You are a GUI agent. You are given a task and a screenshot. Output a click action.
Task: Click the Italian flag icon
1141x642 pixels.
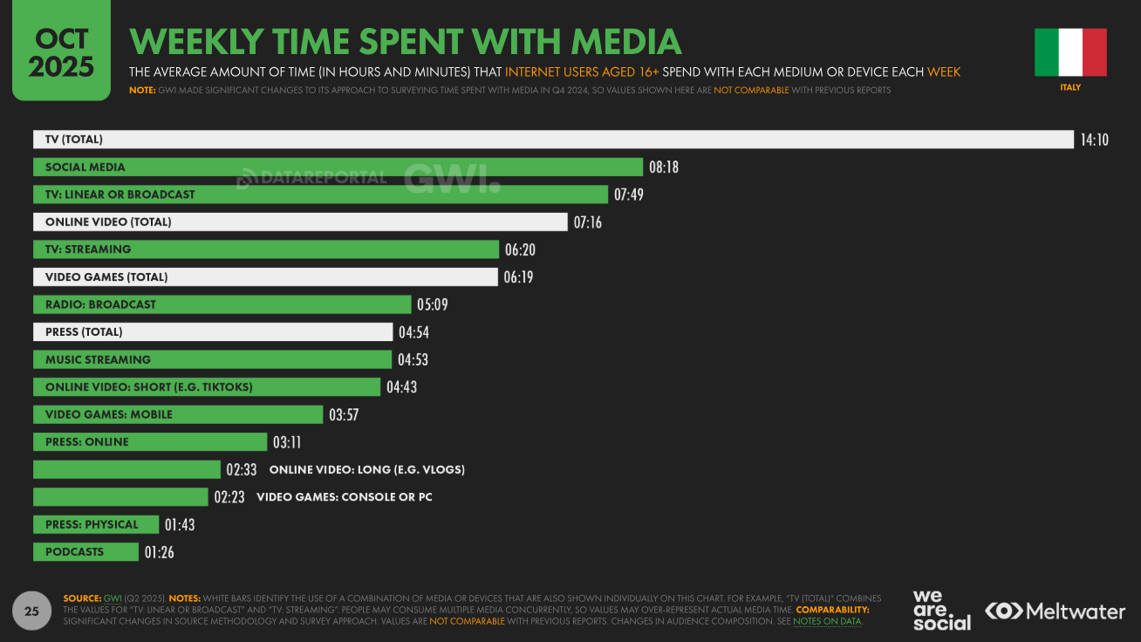coord(1070,52)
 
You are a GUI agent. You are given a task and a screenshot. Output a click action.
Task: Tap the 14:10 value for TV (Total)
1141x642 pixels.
coord(1094,140)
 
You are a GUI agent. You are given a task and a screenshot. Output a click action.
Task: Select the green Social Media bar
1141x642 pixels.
coord(338,167)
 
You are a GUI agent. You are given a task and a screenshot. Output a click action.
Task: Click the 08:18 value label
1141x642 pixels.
coord(663,167)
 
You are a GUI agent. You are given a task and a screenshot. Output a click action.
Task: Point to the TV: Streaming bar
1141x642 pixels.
coord(266,249)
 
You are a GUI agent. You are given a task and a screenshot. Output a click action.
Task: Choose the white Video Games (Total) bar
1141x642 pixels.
coord(265,277)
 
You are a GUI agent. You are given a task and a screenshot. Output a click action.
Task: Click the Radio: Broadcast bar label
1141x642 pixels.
coord(100,304)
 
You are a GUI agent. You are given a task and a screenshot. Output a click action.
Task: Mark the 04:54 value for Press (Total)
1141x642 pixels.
coord(413,332)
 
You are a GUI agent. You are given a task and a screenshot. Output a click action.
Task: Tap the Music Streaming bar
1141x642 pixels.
coord(212,359)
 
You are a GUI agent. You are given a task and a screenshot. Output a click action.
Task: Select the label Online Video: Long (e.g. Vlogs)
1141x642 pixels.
coord(366,469)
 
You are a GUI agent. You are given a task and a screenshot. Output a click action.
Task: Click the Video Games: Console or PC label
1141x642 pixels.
coord(344,497)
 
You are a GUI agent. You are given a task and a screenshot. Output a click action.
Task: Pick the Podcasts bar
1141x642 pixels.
coord(85,552)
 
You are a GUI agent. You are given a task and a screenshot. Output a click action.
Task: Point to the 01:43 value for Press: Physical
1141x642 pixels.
coord(179,524)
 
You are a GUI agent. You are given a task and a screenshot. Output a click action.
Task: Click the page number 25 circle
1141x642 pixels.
coord(31,611)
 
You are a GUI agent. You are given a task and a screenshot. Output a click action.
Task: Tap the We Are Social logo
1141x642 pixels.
coord(941,611)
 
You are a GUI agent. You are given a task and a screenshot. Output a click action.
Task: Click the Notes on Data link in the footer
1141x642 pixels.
coord(827,621)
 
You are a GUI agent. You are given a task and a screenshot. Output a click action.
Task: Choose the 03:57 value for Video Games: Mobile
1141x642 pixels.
coord(344,414)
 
